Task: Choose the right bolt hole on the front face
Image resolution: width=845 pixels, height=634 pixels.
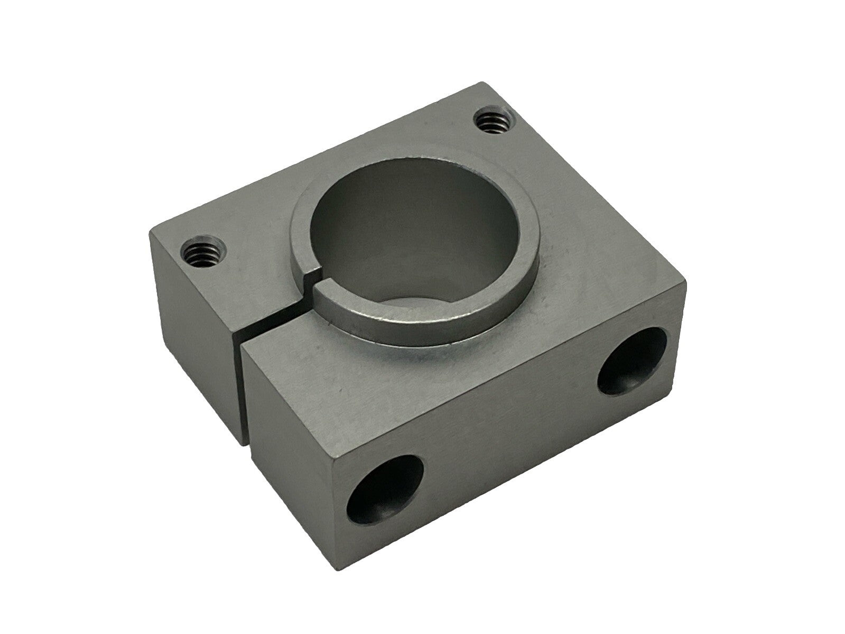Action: (632, 361)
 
